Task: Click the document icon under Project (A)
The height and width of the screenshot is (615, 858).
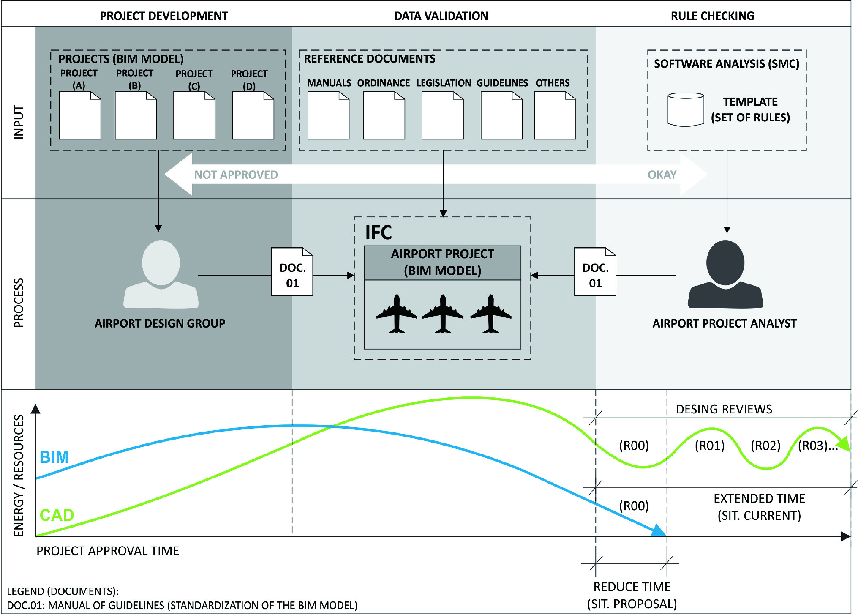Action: [80, 115]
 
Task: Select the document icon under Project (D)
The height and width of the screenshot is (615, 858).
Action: [253, 115]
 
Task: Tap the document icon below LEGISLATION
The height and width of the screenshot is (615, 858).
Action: [442, 115]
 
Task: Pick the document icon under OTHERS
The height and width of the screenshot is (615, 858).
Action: [555, 115]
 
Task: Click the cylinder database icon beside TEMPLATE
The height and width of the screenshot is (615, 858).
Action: [685, 109]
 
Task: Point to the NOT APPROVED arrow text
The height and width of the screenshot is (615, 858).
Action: [236, 175]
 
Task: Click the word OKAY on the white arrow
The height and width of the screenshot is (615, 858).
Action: [662, 175]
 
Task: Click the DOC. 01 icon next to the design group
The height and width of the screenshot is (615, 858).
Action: [292, 272]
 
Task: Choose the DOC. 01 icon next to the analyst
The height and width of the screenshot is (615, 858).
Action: [595, 272]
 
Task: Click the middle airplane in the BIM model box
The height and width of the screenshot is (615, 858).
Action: [442, 314]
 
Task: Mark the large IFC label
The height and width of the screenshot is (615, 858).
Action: [379, 232]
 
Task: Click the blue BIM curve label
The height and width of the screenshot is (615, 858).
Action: [54, 457]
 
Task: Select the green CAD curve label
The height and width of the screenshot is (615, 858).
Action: [57, 515]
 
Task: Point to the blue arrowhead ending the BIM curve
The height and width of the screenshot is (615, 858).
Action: [658, 530]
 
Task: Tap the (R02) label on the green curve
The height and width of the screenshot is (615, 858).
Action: [765, 446]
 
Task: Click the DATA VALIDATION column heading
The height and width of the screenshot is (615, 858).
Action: [441, 16]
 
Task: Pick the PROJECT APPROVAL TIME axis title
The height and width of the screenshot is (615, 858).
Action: [108, 551]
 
